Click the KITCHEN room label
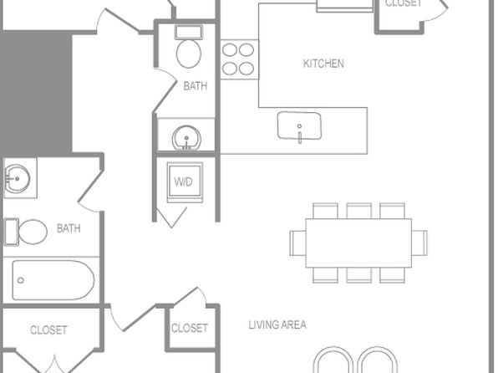tap(323, 64)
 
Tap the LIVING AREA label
tap(277, 324)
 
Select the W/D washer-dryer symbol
tap(185, 182)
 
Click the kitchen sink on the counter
tap(299, 126)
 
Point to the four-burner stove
tap(240, 59)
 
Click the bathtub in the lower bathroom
tap(53, 280)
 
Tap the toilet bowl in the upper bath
tap(189, 54)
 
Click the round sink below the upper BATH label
tap(186, 138)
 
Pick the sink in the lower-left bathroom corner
tap(18, 178)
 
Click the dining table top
tap(358, 243)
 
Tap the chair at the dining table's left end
tap(297, 243)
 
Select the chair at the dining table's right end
tap(419, 243)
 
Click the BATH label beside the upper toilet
tap(196, 86)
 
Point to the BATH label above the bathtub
tap(69, 228)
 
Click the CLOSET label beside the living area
tap(190, 328)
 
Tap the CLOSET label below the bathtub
tap(48, 330)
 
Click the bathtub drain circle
tap(21, 280)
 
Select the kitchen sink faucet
tap(299, 134)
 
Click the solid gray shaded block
tap(36, 92)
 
